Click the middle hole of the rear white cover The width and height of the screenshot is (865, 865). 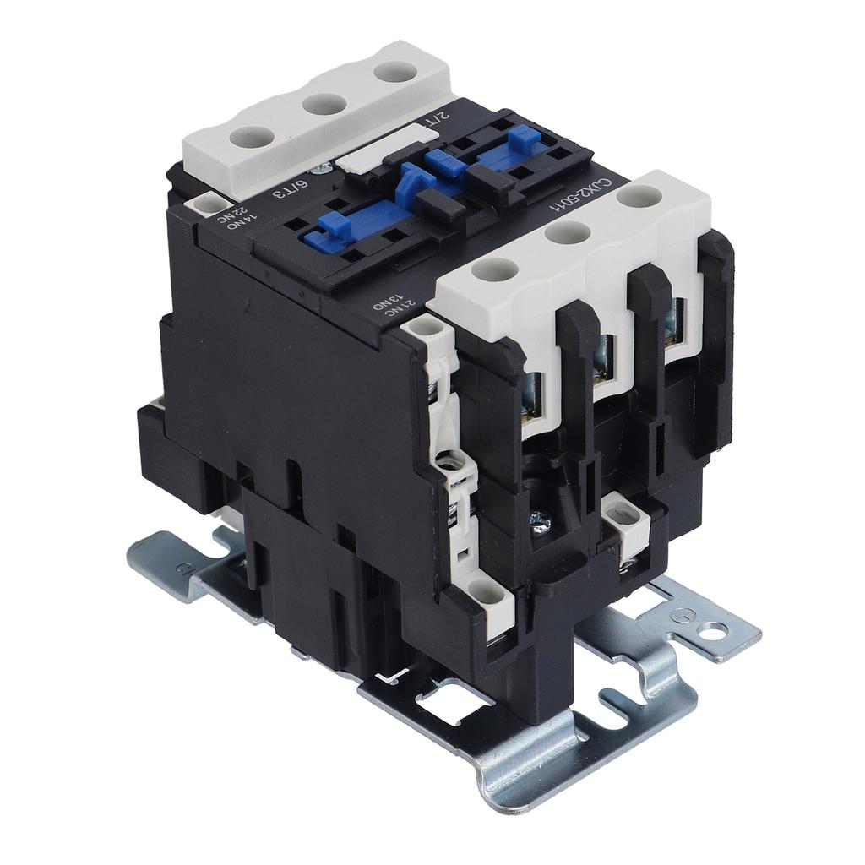[325, 104]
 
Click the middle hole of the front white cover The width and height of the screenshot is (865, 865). [567, 232]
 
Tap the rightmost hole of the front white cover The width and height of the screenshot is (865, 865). [639, 197]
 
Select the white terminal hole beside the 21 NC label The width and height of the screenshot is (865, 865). [427, 325]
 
